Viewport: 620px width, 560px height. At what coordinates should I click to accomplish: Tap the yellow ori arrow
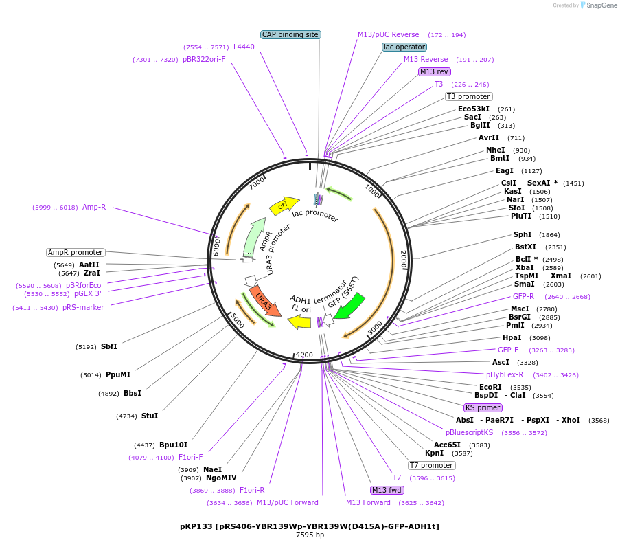(x=284, y=204)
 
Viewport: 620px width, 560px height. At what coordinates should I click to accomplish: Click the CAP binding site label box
(x=291, y=34)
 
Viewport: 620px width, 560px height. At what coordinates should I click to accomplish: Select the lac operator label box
(x=404, y=47)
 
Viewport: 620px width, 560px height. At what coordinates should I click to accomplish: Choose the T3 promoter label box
(x=468, y=96)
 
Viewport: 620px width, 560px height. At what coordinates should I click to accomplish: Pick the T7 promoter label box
(x=431, y=465)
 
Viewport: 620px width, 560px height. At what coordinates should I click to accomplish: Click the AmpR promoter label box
(x=76, y=252)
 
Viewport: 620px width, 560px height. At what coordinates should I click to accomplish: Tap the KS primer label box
(x=483, y=407)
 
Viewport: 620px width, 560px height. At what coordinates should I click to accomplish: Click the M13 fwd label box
(x=387, y=490)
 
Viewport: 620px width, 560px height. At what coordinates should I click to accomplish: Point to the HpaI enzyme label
(x=512, y=337)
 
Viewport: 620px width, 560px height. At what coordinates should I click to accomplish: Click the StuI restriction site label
(x=149, y=416)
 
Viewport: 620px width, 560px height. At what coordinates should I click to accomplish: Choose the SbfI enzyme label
(x=108, y=346)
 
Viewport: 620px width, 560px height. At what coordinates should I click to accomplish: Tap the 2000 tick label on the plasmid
(x=404, y=259)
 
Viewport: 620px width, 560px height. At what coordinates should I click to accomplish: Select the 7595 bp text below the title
(x=310, y=535)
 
